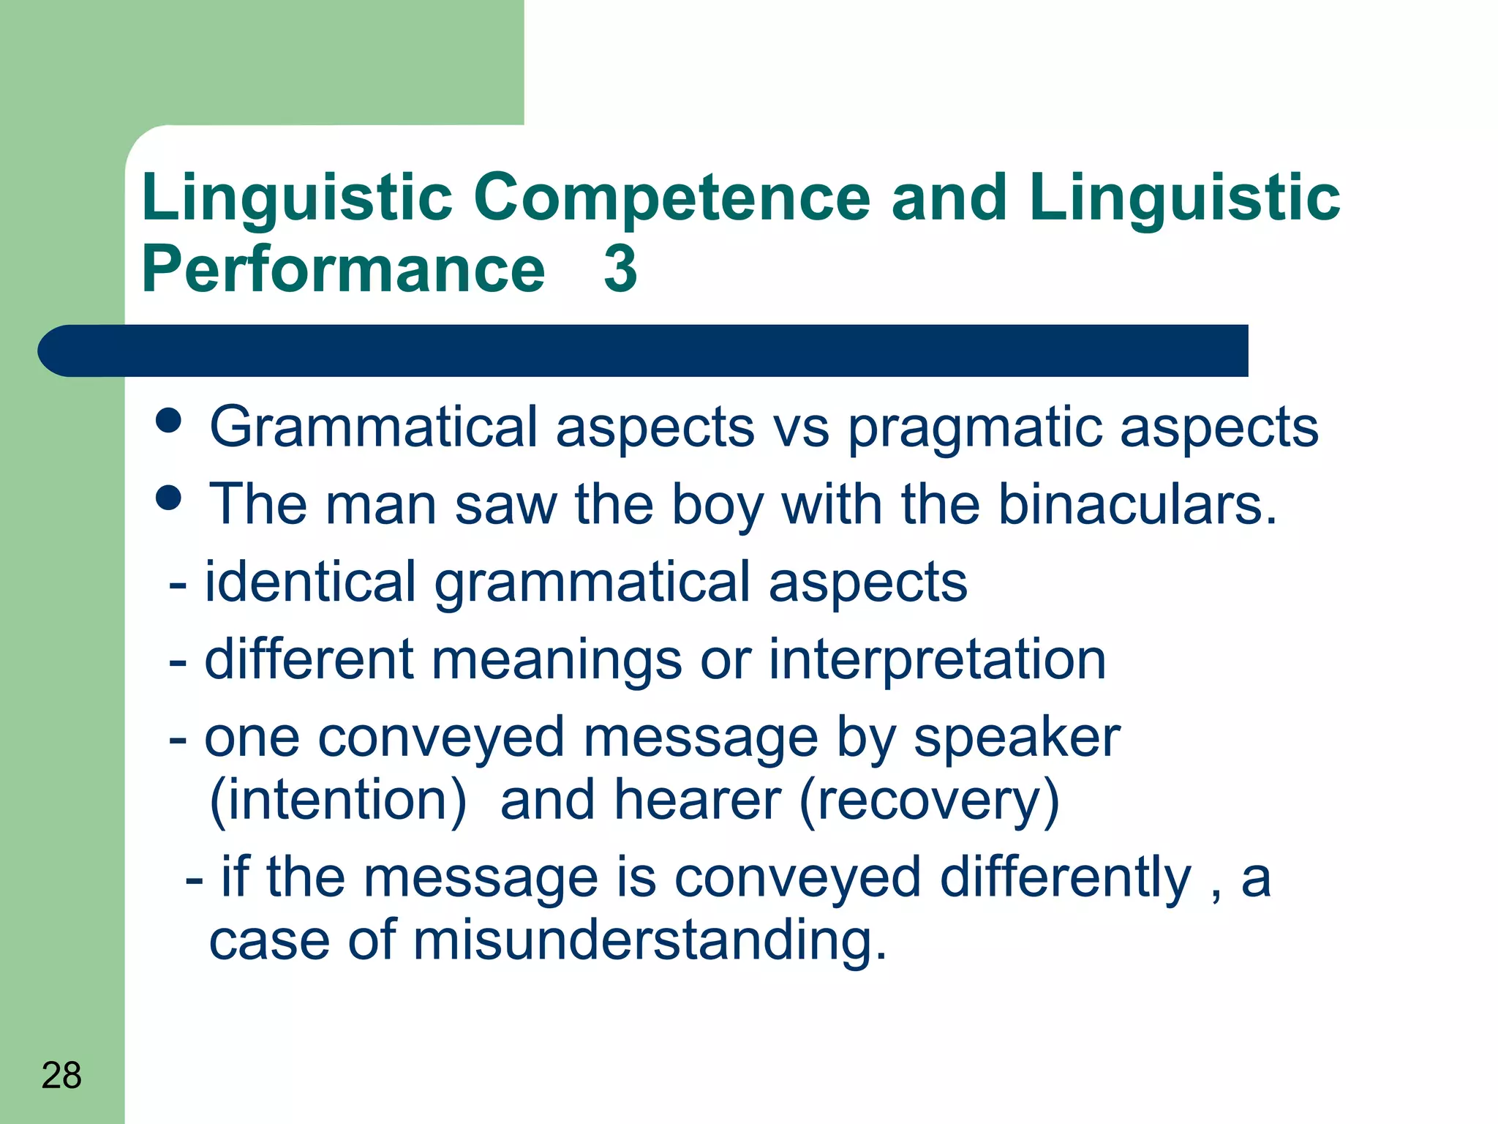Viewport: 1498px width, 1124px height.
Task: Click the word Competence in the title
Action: [x=671, y=198]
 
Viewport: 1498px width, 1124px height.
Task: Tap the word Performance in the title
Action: [x=343, y=269]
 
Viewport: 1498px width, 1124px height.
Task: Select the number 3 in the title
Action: [x=620, y=269]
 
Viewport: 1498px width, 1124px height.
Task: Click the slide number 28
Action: [x=61, y=1076]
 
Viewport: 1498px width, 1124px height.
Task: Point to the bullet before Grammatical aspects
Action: [x=168, y=421]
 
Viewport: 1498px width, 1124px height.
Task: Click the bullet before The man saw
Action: [x=168, y=499]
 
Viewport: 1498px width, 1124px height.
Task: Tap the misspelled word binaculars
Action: [x=1137, y=505]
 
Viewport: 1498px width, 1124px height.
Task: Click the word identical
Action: [x=310, y=582]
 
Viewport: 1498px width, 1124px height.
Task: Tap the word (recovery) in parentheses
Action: [x=929, y=801]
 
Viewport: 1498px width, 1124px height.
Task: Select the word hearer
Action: [x=698, y=801]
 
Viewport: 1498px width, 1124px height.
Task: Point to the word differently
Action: [x=1066, y=878]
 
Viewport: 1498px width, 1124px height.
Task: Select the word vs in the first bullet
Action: [x=801, y=429]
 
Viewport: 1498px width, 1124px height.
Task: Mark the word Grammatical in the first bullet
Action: [x=373, y=427]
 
